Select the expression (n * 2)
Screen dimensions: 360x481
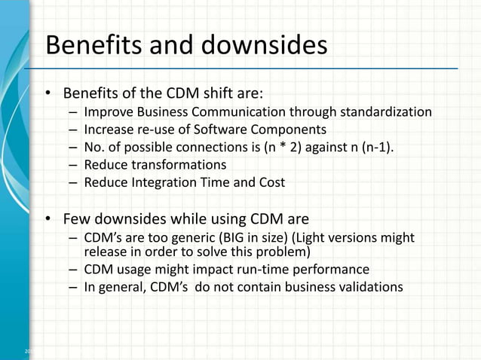285,147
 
